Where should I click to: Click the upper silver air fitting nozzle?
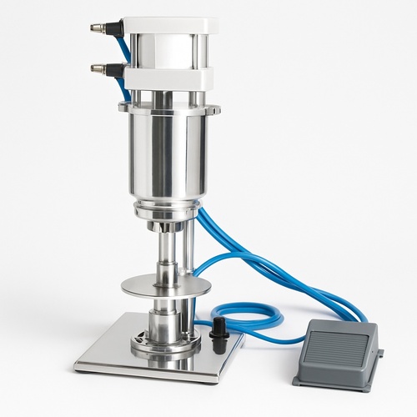[x=99, y=28]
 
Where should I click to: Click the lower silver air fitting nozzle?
[x=99, y=68]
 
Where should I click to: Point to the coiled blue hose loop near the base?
[x=250, y=317]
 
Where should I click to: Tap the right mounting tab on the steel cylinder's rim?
[x=214, y=108]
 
